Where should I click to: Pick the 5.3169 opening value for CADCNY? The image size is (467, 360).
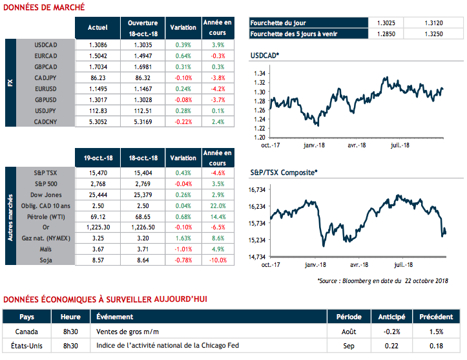[x=143, y=121]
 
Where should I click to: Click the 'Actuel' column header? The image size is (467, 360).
[x=97, y=27]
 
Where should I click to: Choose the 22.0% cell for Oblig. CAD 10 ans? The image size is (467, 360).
[x=218, y=204]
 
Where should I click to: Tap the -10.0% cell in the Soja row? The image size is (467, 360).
[x=218, y=260]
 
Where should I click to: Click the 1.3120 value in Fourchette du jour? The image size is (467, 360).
[x=434, y=23]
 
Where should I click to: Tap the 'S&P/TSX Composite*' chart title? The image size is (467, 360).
[x=284, y=173]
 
